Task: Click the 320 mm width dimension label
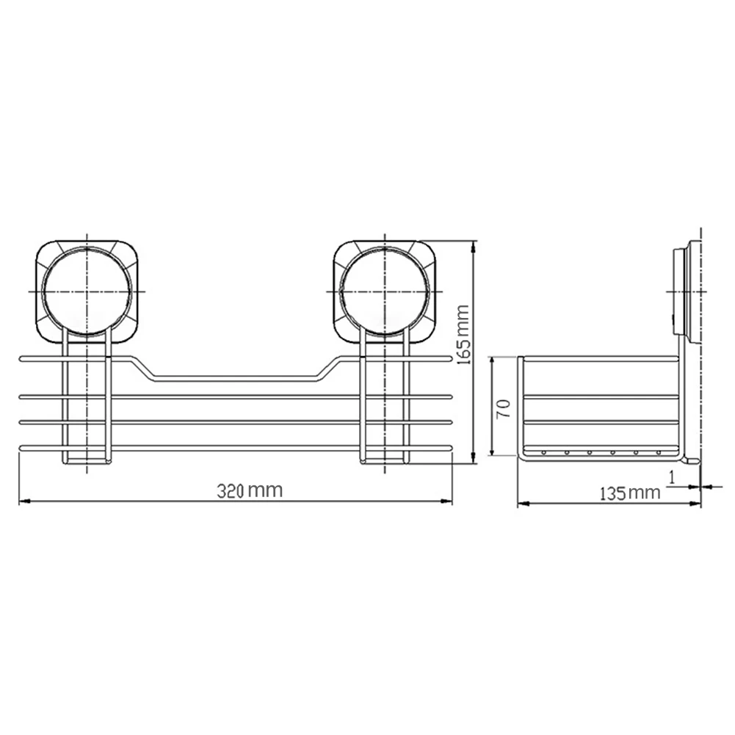pyautogui.click(x=250, y=490)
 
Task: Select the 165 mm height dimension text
pyautogui.click(x=463, y=335)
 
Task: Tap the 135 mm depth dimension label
pyautogui.click(x=630, y=493)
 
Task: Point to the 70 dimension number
pyautogui.click(x=503, y=409)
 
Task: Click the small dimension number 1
pyautogui.click(x=672, y=477)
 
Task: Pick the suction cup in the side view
pyautogui.click(x=687, y=292)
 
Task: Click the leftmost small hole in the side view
pyautogui.click(x=544, y=452)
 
